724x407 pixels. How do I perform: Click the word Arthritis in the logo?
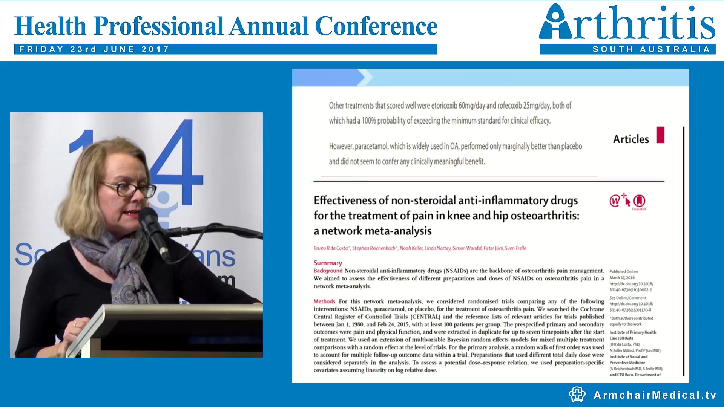[627, 23]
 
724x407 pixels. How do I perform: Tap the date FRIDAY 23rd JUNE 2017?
[94, 49]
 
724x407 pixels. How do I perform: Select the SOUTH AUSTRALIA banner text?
[651, 49]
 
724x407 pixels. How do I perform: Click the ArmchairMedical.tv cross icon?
[577, 395]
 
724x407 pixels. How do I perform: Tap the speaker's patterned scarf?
[121, 264]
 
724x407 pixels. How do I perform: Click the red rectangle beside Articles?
[660, 135]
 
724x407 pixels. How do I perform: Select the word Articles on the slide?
[631, 139]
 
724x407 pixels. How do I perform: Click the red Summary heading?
[328, 263]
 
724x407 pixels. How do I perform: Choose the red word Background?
[328, 271]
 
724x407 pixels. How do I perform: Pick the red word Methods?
[324, 301]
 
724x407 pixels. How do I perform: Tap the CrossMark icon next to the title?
[639, 201]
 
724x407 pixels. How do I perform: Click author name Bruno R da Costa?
[331, 248]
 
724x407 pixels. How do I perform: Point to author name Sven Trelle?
[515, 248]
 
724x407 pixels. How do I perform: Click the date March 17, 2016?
[622, 278]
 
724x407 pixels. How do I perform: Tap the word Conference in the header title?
[376, 26]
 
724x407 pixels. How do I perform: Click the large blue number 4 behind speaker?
[177, 162]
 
